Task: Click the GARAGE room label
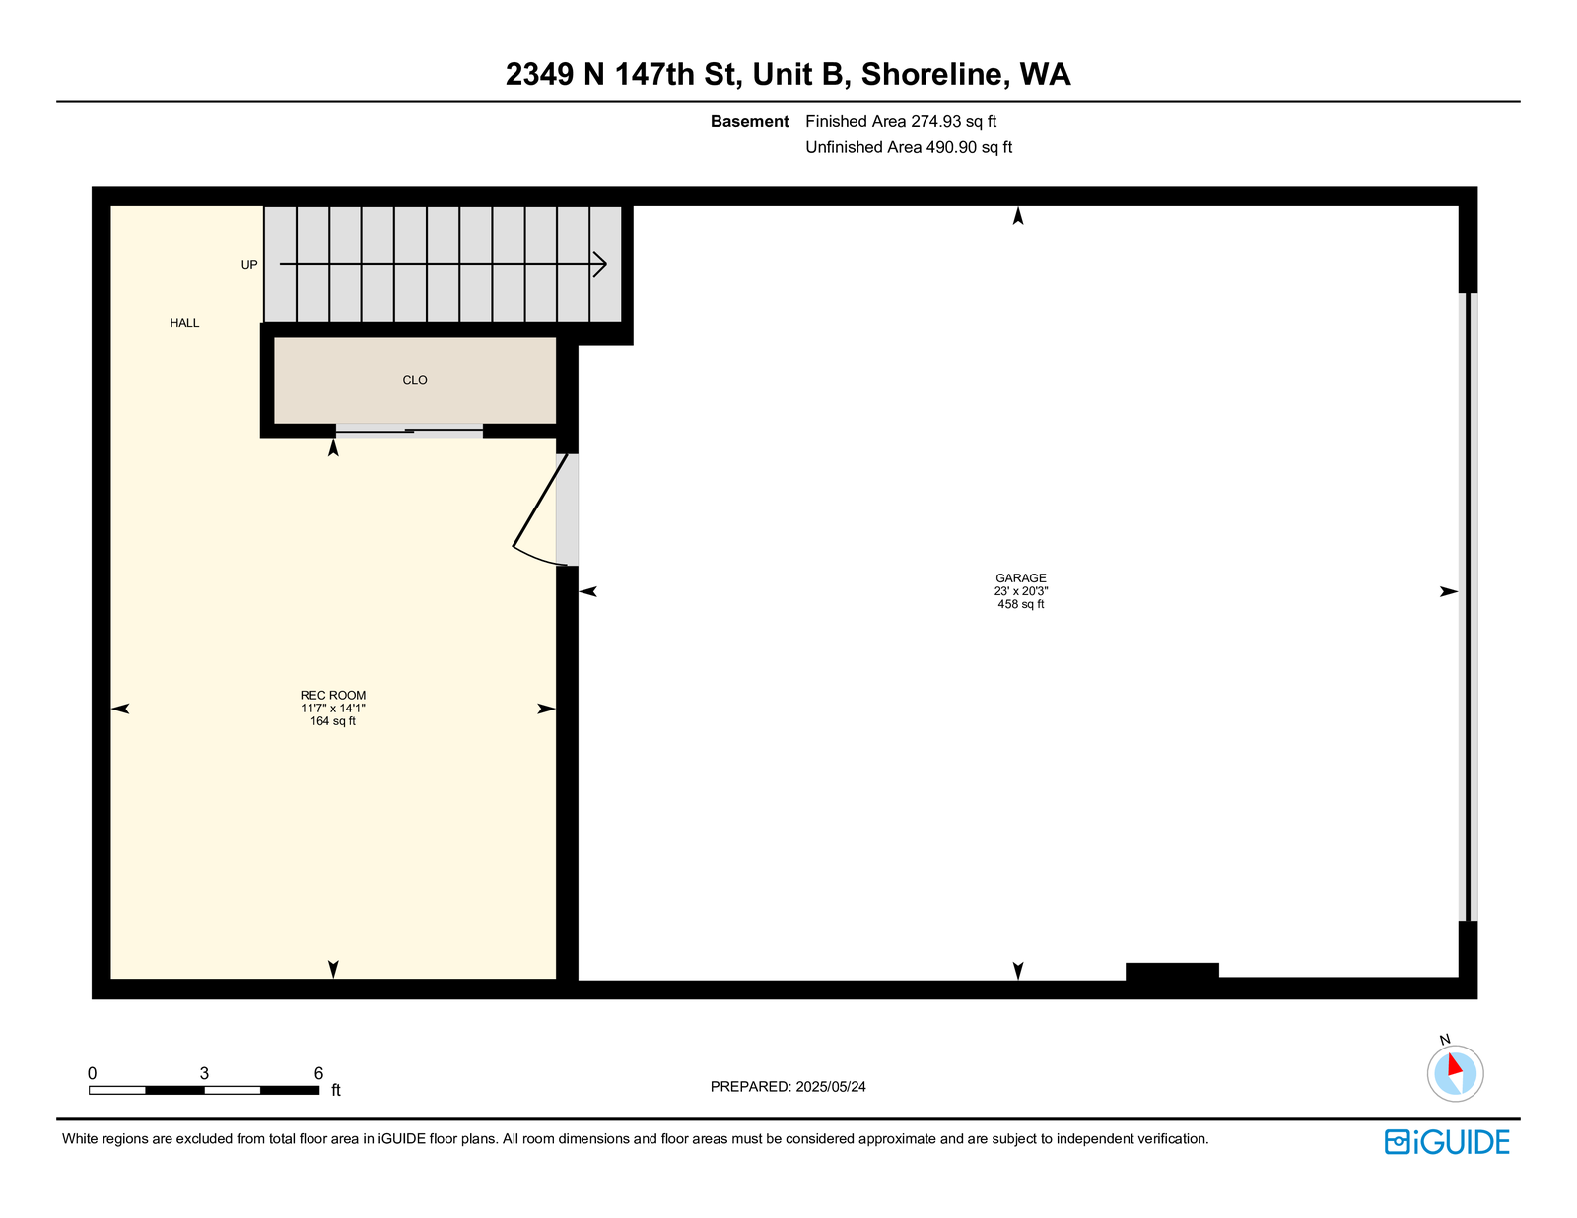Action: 1020,578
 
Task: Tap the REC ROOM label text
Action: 333,695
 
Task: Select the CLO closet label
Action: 415,380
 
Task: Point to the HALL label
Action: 184,323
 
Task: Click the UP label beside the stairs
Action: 249,265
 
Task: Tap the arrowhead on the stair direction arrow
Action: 601,264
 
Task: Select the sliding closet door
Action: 409,431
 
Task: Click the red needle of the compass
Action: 1455,1065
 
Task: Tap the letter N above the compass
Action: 1444,1040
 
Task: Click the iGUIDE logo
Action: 1446,1142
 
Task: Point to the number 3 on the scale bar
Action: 205,1073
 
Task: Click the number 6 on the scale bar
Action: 318,1073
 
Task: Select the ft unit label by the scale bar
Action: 336,1090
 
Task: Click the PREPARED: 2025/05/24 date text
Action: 788,1087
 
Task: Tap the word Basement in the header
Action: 750,122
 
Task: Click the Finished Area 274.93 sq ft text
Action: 901,122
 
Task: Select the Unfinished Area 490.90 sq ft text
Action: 909,147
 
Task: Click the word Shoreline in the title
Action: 934,74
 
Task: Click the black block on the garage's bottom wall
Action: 1172,972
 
